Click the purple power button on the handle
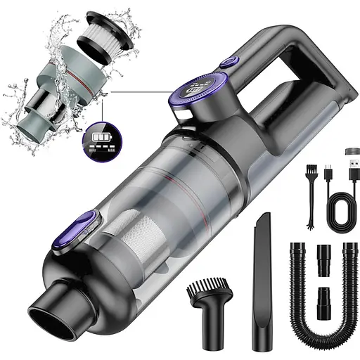pyautogui.click(x=229, y=63)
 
